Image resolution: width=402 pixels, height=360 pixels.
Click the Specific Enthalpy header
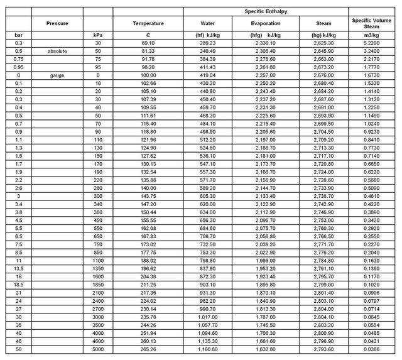point(266,11)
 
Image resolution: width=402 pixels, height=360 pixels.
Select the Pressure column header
point(57,23)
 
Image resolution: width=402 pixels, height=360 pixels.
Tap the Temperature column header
point(148,23)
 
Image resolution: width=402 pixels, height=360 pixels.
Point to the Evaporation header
point(266,23)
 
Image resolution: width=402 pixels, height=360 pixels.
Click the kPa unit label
point(97,35)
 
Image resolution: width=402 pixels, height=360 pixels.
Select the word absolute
point(57,51)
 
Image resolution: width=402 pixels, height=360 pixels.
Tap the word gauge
point(57,75)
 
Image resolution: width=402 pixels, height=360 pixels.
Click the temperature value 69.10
point(148,43)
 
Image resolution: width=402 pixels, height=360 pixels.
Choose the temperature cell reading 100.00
point(148,75)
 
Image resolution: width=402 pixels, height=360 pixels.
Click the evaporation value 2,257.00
point(266,75)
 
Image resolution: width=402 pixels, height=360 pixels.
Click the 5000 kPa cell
point(97,349)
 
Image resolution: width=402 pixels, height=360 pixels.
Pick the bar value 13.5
point(18,268)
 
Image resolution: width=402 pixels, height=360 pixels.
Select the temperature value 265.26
point(148,349)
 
